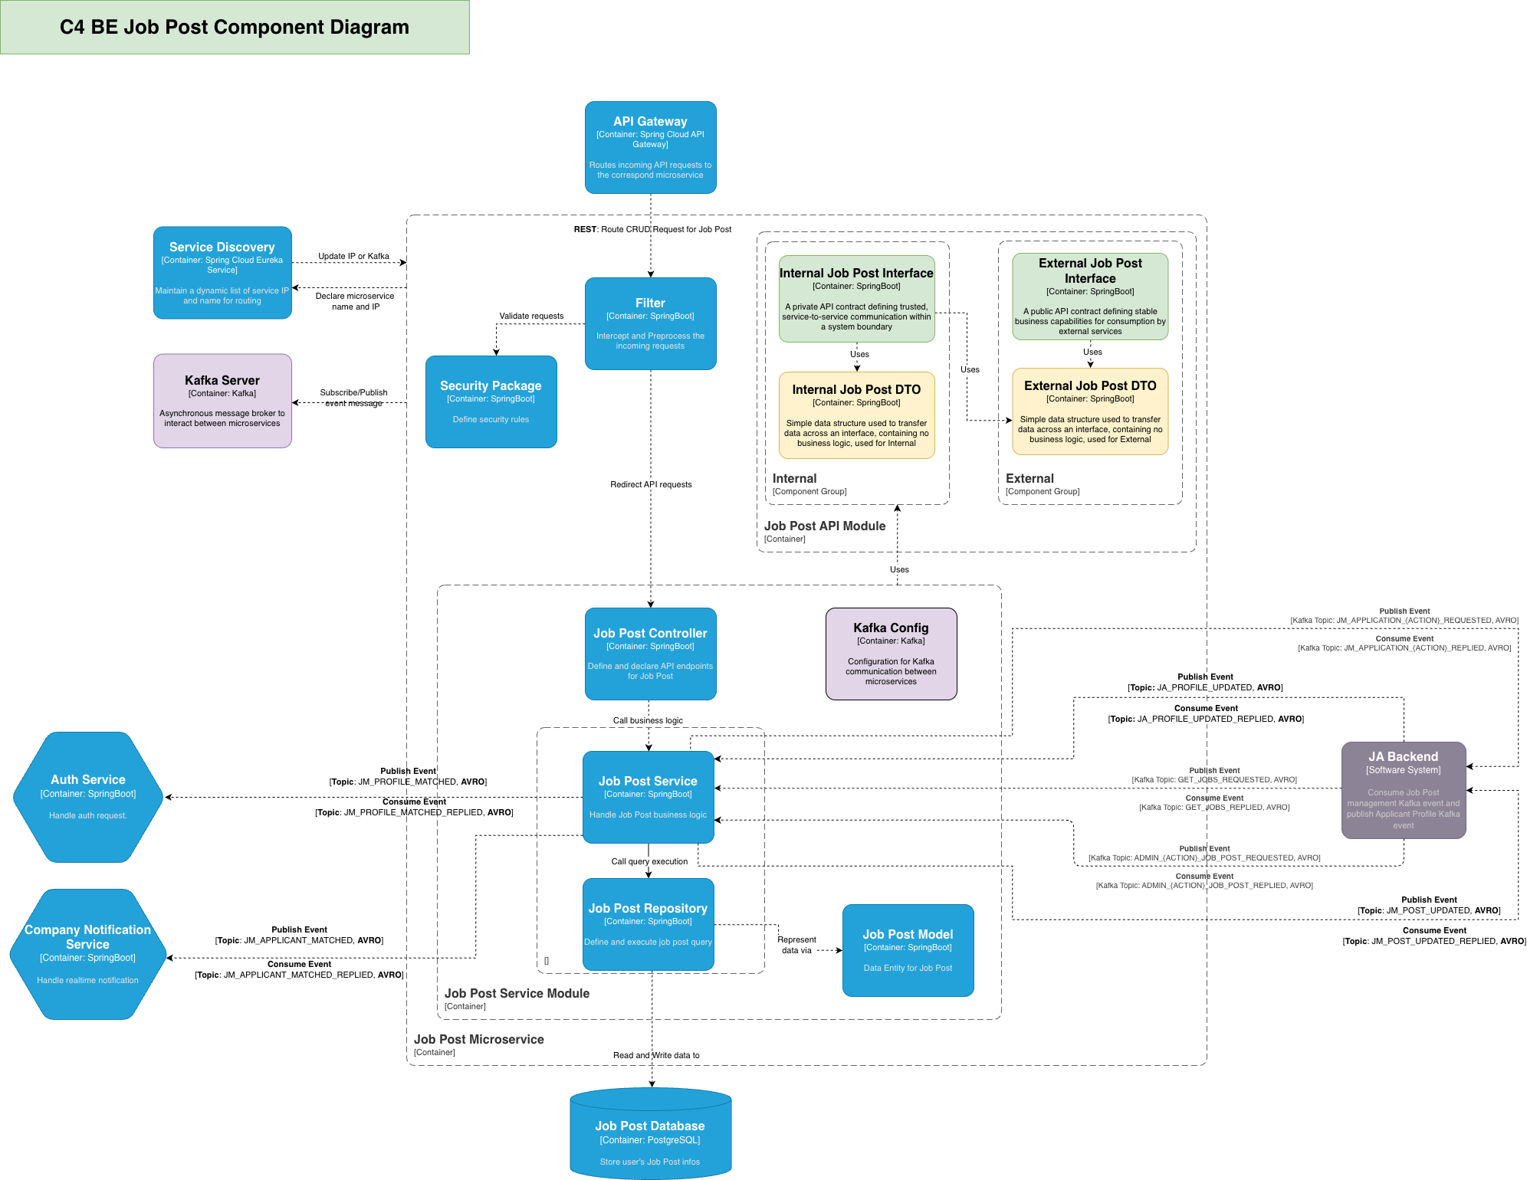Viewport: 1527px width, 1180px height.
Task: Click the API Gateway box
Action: point(650,147)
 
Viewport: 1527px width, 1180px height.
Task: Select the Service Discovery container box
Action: point(222,273)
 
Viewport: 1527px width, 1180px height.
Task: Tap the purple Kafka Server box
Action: point(222,401)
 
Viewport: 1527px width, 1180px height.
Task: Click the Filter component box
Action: point(650,323)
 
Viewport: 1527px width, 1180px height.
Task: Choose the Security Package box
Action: point(491,402)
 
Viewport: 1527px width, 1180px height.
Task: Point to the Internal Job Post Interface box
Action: point(856,299)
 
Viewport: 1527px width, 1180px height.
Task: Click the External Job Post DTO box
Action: point(1090,411)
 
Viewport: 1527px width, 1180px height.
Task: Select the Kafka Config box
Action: point(891,654)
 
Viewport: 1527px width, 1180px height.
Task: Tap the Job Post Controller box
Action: point(650,654)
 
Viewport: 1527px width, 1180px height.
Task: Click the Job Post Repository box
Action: point(648,924)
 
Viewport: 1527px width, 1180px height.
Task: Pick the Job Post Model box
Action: point(908,950)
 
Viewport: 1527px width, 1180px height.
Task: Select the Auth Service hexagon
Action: point(88,797)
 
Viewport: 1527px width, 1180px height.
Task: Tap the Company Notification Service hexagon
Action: point(88,954)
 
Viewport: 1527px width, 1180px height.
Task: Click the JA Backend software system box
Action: point(1403,790)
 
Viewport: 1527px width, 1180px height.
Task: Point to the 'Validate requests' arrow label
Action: point(531,316)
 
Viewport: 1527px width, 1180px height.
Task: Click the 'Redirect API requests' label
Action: point(651,484)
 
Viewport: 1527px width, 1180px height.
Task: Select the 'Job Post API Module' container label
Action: point(824,526)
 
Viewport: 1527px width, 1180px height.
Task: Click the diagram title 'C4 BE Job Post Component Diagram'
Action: point(235,27)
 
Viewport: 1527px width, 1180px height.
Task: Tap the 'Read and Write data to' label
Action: point(656,1055)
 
